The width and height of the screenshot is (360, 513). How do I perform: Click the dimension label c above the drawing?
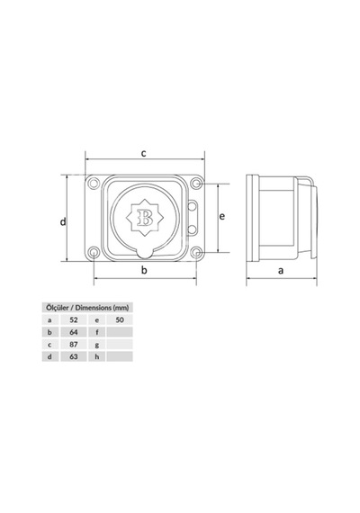[x=143, y=153]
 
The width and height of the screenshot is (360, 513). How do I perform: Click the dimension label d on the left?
[x=63, y=221]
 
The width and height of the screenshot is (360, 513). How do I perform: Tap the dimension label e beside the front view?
[x=222, y=216]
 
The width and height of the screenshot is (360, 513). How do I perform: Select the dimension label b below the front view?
[x=144, y=270]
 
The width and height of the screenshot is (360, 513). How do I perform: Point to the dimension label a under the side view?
[x=281, y=271]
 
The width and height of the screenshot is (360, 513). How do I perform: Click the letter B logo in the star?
[x=145, y=217]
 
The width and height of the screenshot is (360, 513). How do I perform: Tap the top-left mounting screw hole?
[x=94, y=184]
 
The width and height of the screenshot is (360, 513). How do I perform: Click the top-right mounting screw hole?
[x=196, y=184]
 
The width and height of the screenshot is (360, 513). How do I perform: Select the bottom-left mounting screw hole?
[x=94, y=252]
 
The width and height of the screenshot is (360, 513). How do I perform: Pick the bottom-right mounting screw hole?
[x=196, y=252]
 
